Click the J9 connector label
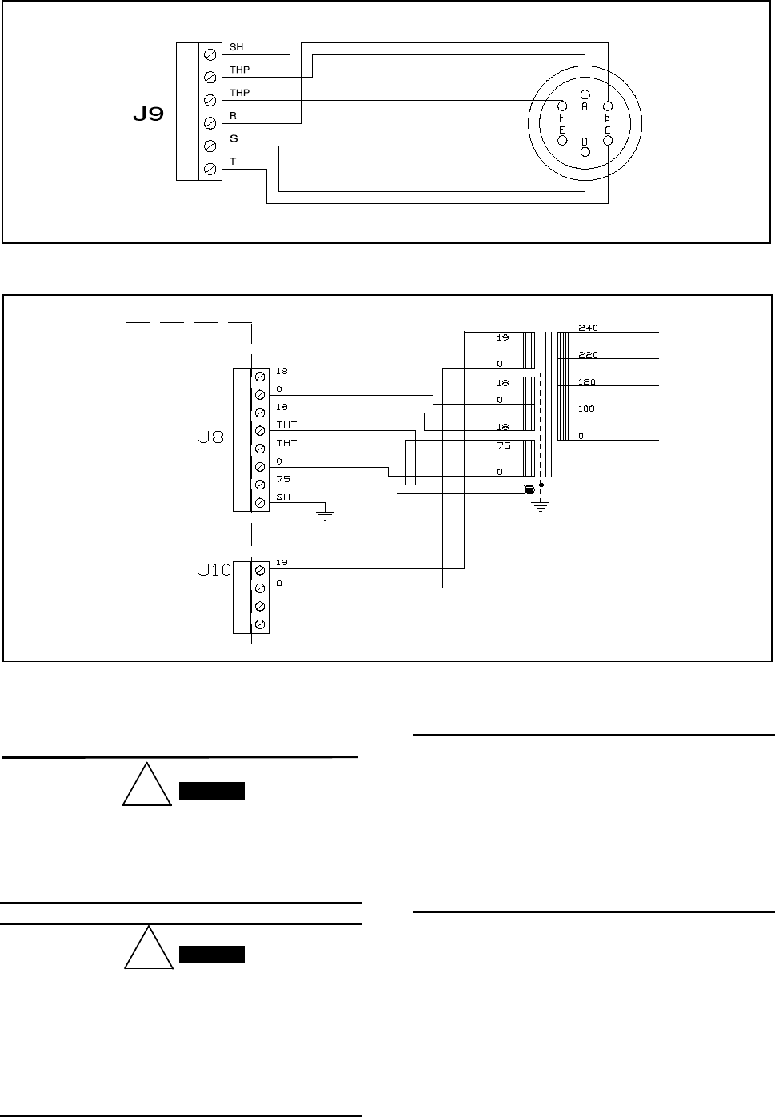[x=148, y=115]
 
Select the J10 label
[x=214, y=571]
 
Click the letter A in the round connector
[x=585, y=106]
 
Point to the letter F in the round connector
[x=561, y=117]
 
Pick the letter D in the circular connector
[x=585, y=141]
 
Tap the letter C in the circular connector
[x=607, y=130]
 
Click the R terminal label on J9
[x=233, y=116]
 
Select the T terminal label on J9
[x=233, y=162]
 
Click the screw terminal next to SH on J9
[x=210, y=54]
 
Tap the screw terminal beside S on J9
[x=210, y=146]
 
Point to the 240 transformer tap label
[x=588, y=328]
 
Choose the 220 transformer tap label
[x=588, y=355]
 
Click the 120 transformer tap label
[x=588, y=382]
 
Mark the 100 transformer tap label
[x=588, y=409]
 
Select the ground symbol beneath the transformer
[x=541, y=505]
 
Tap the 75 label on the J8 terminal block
[x=282, y=479]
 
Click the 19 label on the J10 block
[x=282, y=563]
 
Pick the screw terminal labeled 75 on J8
[x=259, y=485]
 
